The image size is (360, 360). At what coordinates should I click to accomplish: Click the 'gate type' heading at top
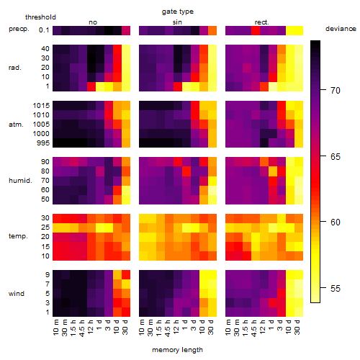tap(178, 12)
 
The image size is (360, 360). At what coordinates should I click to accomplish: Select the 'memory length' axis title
tap(177, 350)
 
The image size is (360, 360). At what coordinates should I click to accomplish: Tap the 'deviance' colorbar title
tap(341, 29)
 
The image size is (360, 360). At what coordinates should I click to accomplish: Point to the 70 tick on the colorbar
tap(323, 90)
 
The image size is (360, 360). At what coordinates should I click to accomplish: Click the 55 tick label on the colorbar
tap(336, 288)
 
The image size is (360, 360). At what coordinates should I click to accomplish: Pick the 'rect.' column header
tap(261, 22)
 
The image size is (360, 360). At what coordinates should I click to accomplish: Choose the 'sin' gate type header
tap(177, 22)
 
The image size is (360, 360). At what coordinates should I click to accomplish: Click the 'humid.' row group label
tap(20, 181)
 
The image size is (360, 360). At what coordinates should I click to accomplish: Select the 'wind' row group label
tap(17, 294)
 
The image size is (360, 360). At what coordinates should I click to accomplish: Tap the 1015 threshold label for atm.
tap(41, 106)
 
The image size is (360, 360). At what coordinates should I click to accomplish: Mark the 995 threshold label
tap(43, 143)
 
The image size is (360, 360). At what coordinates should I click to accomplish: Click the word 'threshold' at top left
tap(40, 17)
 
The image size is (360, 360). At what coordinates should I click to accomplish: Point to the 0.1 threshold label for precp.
tap(44, 30)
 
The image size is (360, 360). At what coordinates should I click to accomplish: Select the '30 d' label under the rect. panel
tap(297, 328)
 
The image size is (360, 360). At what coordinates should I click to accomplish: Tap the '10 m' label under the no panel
tap(55, 328)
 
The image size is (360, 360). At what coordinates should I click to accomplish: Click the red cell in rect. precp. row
tap(256, 30)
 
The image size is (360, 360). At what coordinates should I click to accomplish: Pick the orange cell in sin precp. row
tap(212, 30)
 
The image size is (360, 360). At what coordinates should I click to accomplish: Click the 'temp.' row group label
tap(18, 236)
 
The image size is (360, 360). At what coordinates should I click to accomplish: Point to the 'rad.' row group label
tap(15, 68)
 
